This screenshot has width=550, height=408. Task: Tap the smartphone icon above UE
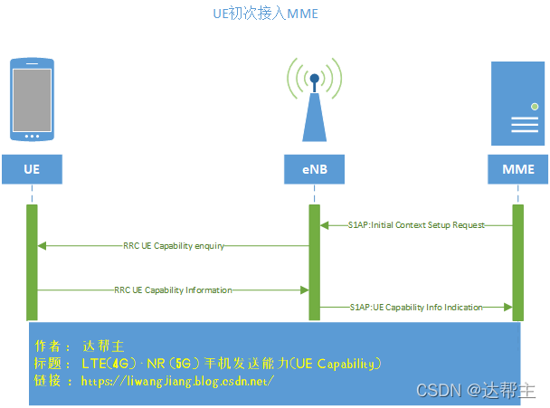point(32,100)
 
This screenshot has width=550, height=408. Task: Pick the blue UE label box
point(32,169)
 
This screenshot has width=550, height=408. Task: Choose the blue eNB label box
point(314,169)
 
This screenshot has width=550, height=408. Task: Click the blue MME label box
point(517,169)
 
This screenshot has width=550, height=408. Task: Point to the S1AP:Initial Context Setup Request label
point(416,224)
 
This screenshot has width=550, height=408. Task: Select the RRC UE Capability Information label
point(173,290)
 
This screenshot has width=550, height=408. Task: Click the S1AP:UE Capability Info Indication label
point(416,308)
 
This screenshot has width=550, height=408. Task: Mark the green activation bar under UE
point(32,262)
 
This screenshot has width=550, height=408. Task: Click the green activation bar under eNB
point(314,262)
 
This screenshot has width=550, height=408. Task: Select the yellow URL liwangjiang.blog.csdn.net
point(177,381)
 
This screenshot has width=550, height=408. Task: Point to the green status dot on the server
point(535,108)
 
